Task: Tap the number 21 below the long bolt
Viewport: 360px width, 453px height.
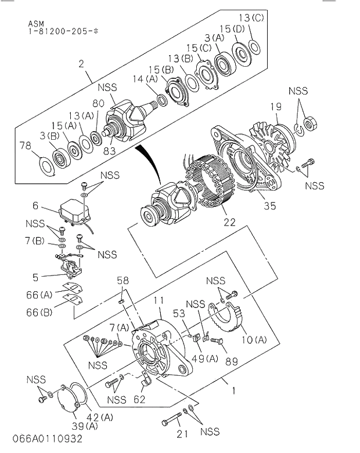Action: click(x=183, y=433)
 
